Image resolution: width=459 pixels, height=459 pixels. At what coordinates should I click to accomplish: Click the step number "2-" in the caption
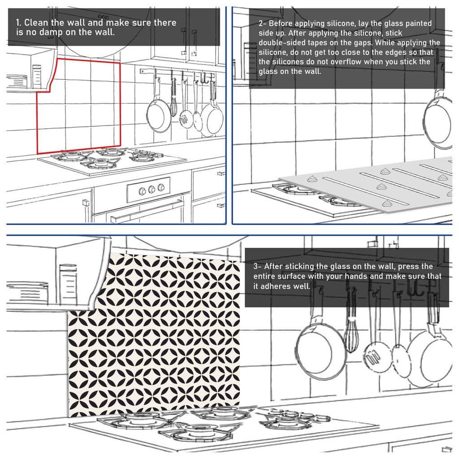pos(263,23)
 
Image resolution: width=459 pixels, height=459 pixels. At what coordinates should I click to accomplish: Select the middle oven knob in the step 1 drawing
pos(152,189)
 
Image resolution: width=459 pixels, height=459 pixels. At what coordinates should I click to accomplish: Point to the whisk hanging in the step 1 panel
pos(173,99)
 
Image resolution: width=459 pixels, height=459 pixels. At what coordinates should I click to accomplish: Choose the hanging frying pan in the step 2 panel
pos(438,119)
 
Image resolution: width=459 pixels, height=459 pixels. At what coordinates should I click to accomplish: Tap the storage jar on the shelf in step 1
pos(37,75)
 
